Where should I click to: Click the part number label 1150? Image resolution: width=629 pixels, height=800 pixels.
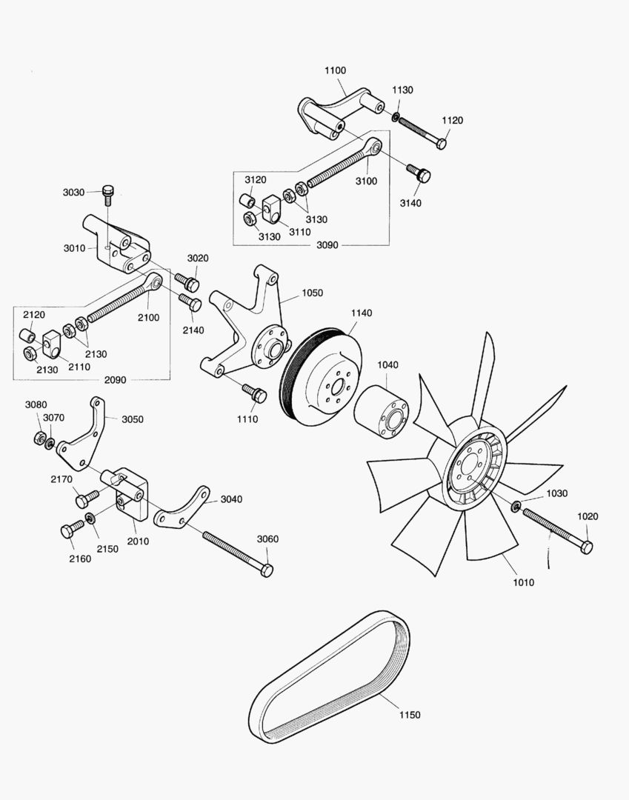[x=410, y=715]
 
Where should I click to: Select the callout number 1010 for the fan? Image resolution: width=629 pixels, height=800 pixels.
[x=523, y=582]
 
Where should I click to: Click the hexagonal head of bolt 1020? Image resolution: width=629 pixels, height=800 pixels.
[x=585, y=547]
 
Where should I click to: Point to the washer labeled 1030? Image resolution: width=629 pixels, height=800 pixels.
[x=516, y=506]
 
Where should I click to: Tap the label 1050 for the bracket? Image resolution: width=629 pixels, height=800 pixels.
[x=312, y=293]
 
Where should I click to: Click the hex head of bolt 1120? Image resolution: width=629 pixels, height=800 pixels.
[x=442, y=142]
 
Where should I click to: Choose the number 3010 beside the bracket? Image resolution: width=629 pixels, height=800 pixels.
[x=74, y=248]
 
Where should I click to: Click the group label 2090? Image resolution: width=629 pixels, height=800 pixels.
[x=115, y=380]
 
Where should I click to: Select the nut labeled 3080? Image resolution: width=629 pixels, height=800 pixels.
[x=40, y=438]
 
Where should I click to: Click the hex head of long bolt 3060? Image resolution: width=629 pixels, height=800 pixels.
[x=267, y=570]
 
